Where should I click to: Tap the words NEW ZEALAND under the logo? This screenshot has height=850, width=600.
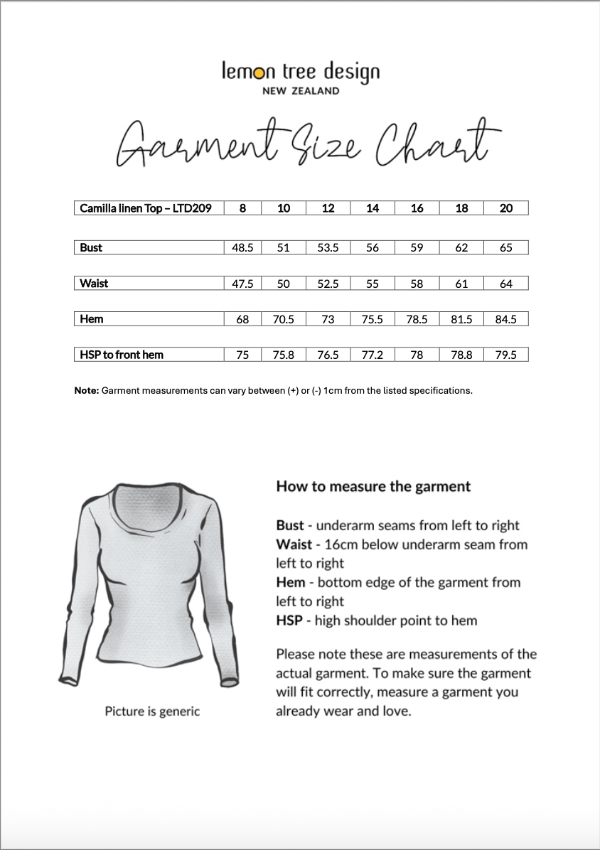pyautogui.click(x=301, y=91)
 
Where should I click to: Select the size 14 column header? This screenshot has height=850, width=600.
pyautogui.click(x=373, y=208)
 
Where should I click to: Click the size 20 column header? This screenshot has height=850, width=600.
pyautogui.click(x=505, y=208)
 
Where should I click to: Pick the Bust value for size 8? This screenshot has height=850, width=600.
pyautogui.click(x=242, y=248)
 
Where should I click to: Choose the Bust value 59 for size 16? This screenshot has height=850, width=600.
pyautogui.click(x=417, y=248)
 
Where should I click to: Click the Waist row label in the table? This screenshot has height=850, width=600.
pyautogui.click(x=94, y=284)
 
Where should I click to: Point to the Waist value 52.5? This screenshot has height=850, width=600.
pyautogui.click(x=328, y=284)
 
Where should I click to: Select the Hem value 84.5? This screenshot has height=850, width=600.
pyautogui.click(x=505, y=320)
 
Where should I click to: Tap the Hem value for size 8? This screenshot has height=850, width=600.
pyautogui.click(x=242, y=320)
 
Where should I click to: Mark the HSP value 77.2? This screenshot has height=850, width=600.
pyautogui.click(x=373, y=355)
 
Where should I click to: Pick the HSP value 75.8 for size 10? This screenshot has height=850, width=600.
pyautogui.click(x=283, y=355)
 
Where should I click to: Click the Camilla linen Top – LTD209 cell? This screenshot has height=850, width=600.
pyautogui.click(x=146, y=208)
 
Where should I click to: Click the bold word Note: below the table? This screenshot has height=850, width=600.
pyautogui.click(x=87, y=391)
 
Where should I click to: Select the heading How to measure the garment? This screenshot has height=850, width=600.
pyautogui.click(x=373, y=487)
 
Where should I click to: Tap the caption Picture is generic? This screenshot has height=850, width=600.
pyautogui.click(x=152, y=711)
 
